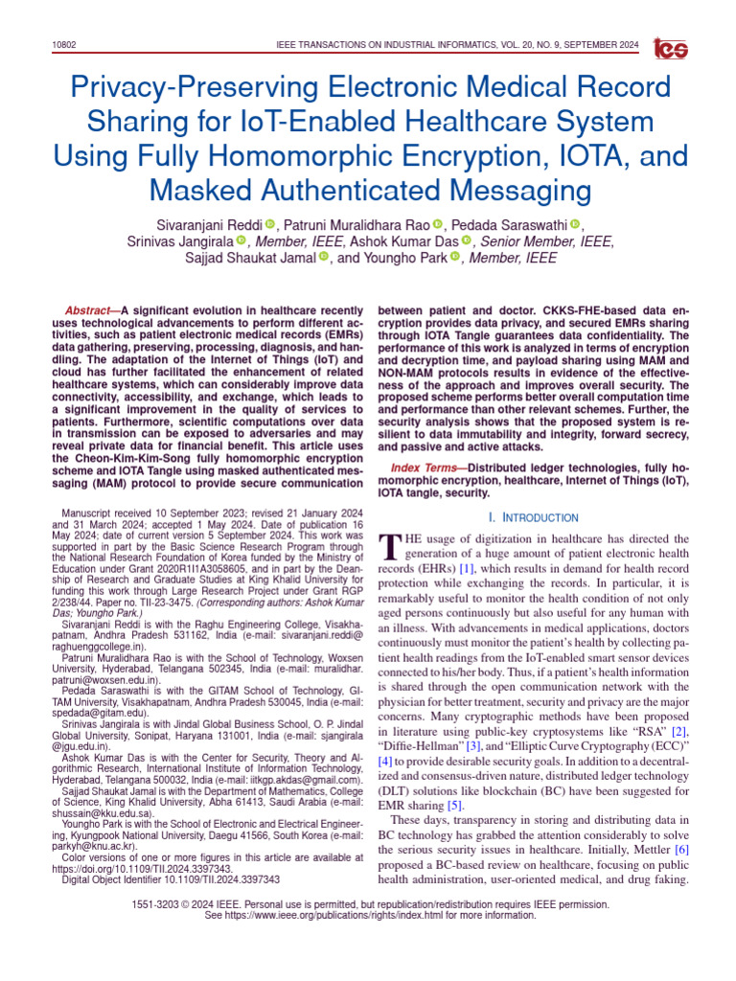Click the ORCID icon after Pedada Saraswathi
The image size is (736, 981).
click(x=575, y=224)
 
